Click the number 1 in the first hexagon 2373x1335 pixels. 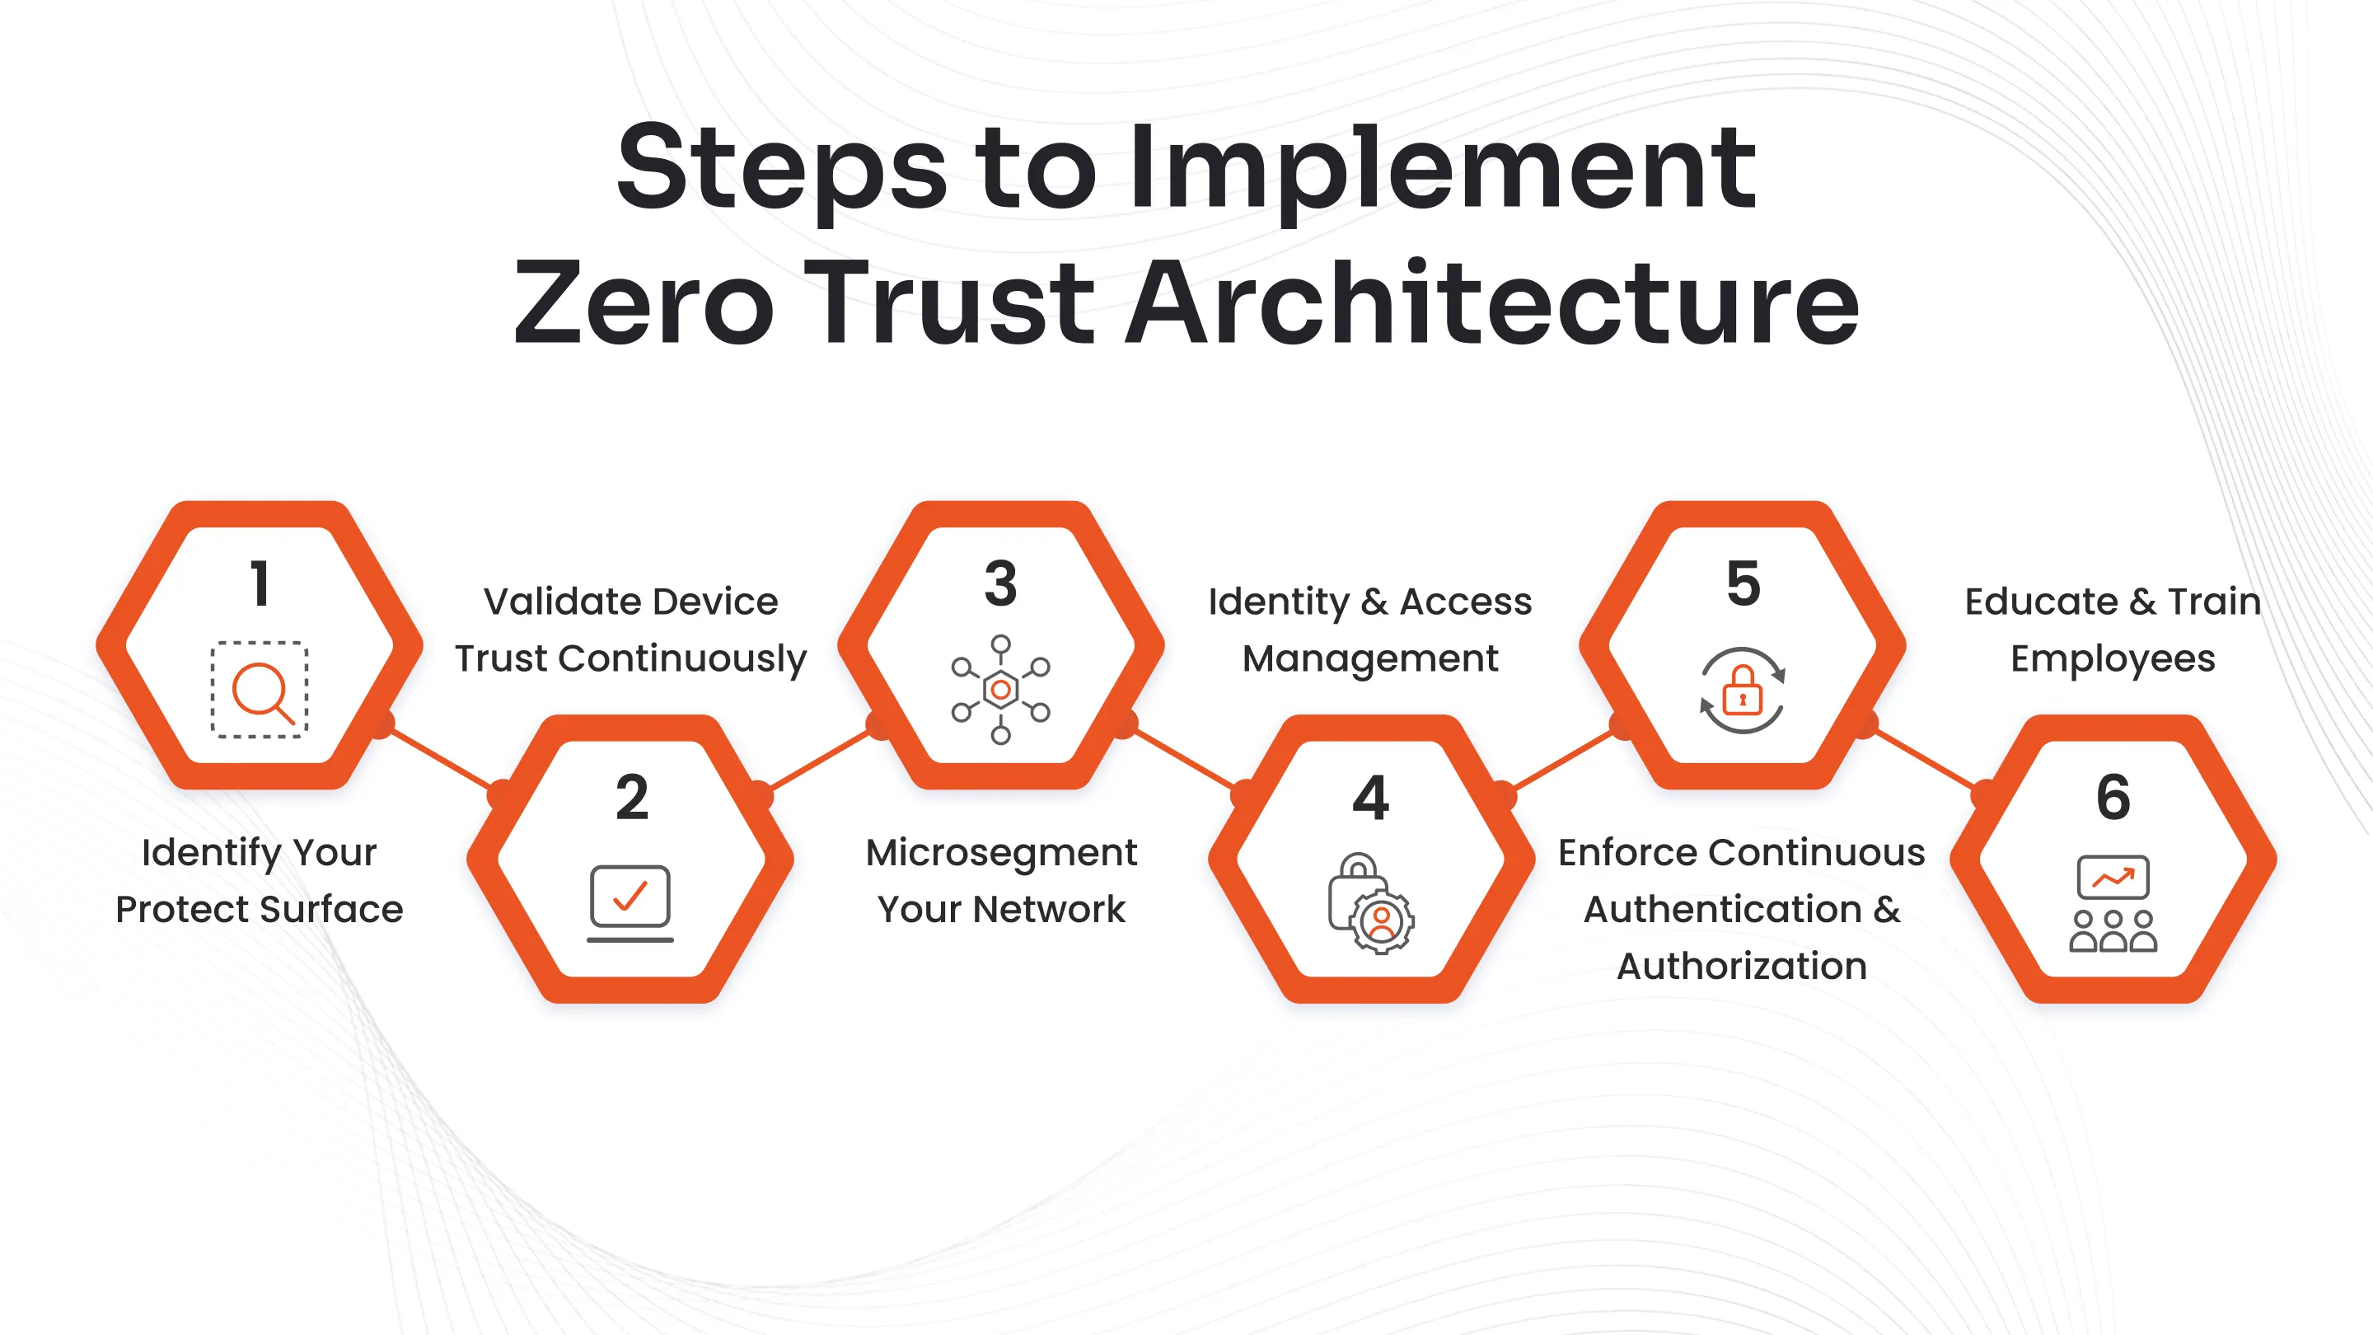tap(260, 583)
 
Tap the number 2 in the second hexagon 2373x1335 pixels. tap(632, 797)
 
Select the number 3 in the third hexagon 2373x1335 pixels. tap(1001, 583)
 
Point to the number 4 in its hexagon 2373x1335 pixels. tap(1371, 797)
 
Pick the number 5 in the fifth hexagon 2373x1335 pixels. tap(1743, 583)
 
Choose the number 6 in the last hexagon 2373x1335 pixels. tap(2113, 797)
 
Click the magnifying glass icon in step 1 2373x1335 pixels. tap(260, 690)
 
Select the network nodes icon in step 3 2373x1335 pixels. tap(1001, 689)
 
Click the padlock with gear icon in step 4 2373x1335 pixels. tap(1371, 904)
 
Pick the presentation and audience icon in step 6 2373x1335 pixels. tap(2113, 903)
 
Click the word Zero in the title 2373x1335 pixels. tap(643, 303)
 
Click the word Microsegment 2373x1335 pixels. tap(1001, 852)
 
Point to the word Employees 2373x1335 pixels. tap(2113, 658)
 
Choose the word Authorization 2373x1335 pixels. tap(1742, 966)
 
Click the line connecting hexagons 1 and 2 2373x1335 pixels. tap(440, 758)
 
